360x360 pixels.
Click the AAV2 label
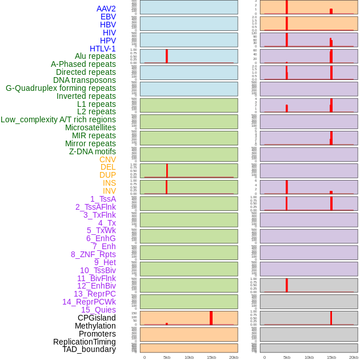point(106,9)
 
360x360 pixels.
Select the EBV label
point(108,17)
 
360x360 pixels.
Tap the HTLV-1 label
point(102,49)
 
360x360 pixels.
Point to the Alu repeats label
point(95,56)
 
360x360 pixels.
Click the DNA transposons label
point(85,80)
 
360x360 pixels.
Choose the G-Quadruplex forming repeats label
point(61,88)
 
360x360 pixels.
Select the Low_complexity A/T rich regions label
point(58,119)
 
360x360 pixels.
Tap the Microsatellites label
point(90,127)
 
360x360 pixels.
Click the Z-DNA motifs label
point(93,151)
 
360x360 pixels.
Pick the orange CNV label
point(107,159)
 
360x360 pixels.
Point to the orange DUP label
point(107,175)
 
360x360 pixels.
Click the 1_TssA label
point(103,199)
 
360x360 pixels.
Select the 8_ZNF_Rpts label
point(93,254)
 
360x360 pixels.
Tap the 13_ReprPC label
point(94,294)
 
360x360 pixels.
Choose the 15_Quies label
point(98,310)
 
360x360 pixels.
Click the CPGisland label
point(97,318)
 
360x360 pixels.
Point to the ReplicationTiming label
point(85,342)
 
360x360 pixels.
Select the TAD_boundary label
point(89,349)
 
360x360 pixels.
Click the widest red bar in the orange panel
point(211,318)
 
